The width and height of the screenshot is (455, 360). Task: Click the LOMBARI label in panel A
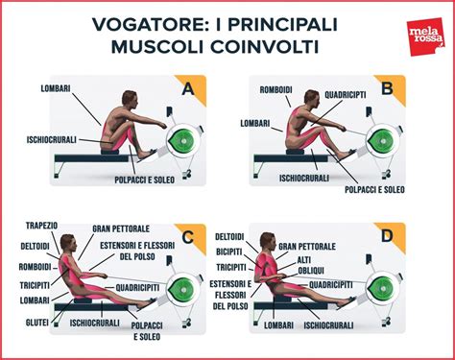[x=54, y=89]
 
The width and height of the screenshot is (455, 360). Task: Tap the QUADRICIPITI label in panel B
[x=346, y=96]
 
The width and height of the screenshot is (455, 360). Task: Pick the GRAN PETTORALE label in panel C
[x=120, y=229]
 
